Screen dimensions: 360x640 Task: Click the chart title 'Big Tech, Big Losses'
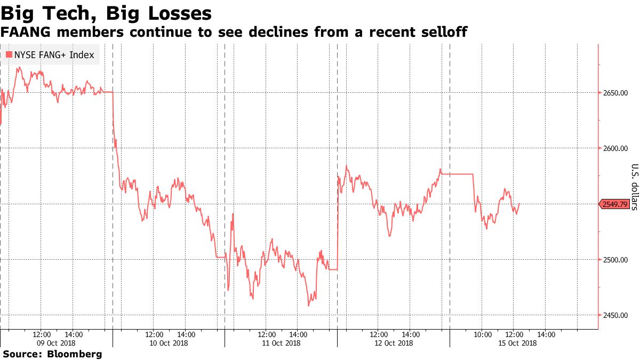[x=106, y=13]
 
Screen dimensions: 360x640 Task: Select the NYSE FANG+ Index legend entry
[x=51, y=55]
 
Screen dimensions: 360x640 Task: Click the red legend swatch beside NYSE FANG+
[x=9, y=55]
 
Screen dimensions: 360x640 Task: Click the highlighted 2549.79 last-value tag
[x=614, y=204]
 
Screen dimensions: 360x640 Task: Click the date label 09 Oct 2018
[x=56, y=343]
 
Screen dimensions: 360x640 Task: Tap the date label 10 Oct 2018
[x=169, y=343]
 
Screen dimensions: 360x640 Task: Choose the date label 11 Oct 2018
[x=281, y=343]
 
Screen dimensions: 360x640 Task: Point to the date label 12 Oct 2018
[x=394, y=343]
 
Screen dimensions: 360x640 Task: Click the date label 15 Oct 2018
[x=506, y=343]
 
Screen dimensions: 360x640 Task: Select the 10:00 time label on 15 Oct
[x=482, y=334]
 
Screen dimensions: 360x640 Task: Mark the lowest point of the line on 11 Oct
[x=309, y=306]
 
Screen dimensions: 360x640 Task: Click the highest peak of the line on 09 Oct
[x=19, y=68]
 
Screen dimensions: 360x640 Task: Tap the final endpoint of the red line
[x=519, y=203]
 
